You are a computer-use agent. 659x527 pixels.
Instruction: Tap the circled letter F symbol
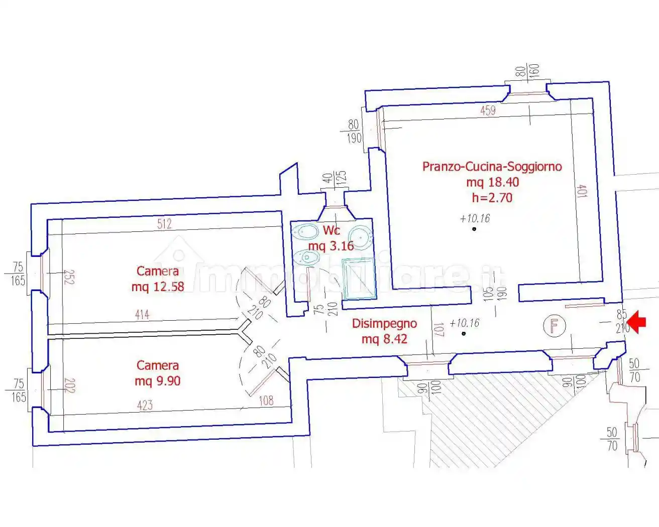point(554,326)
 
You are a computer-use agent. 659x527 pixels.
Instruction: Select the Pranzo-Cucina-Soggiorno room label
point(492,167)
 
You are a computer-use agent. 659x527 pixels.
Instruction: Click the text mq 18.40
point(492,182)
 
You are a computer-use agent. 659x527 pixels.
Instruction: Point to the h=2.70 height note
point(492,198)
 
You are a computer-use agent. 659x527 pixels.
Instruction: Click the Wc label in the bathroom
point(332,230)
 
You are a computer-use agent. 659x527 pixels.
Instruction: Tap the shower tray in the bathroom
point(359,279)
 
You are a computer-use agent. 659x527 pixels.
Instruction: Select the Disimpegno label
point(384,324)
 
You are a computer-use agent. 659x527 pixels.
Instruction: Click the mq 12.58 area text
point(158,287)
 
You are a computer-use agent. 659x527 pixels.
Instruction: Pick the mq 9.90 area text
point(158,381)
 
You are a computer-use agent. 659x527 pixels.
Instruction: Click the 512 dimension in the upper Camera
point(164,224)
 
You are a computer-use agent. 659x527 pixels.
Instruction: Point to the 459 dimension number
point(488,110)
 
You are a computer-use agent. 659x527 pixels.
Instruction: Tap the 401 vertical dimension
point(582,191)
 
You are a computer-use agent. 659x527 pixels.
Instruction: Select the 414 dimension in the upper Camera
point(142,315)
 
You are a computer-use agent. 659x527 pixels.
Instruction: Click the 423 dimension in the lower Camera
point(145,405)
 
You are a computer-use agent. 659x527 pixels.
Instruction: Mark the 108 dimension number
point(266,400)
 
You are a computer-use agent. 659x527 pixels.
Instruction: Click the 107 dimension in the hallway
point(438,330)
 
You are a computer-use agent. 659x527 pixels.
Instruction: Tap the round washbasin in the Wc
point(360,234)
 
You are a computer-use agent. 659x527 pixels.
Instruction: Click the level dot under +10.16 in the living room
point(474,229)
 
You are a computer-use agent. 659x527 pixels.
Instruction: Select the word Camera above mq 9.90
point(158,365)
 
